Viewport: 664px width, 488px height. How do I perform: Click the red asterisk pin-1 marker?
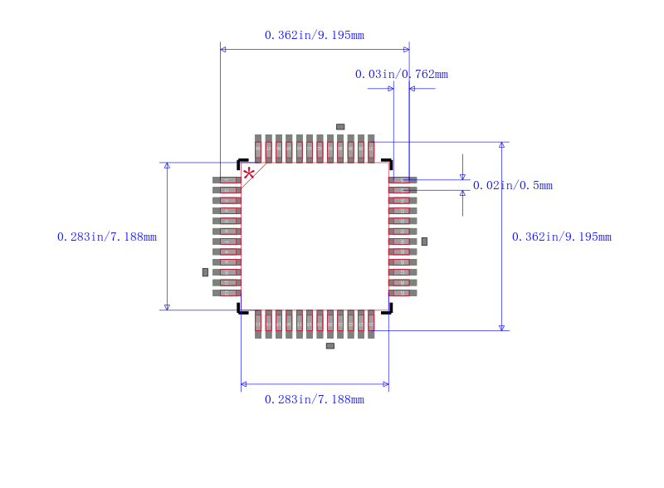(x=248, y=173)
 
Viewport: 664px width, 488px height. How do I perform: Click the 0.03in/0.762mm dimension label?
(x=401, y=74)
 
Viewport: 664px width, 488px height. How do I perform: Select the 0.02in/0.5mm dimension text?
(x=512, y=185)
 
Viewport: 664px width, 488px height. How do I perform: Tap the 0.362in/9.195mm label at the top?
(x=314, y=35)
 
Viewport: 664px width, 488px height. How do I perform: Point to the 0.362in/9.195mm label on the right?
(x=561, y=237)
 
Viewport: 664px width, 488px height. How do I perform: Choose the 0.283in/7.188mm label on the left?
(x=106, y=237)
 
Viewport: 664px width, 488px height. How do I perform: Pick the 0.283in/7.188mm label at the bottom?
(x=314, y=399)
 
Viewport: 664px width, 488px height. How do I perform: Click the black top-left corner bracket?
(x=242, y=163)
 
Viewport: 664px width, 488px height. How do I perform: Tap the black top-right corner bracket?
(x=388, y=163)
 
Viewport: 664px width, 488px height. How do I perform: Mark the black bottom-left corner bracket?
(x=242, y=310)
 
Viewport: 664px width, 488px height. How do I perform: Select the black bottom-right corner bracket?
(x=388, y=310)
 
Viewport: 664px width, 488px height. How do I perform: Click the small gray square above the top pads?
(x=340, y=127)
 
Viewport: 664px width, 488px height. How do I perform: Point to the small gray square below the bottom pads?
(x=330, y=345)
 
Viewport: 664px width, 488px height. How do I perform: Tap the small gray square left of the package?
(x=205, y=272)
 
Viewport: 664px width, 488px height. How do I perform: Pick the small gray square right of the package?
(x=424, y=241)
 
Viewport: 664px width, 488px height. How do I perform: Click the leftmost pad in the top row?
(x=258, y=149)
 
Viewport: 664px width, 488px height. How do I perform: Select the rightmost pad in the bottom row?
(x=371, y=324)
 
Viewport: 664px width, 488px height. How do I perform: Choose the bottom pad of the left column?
(x=227, y=293)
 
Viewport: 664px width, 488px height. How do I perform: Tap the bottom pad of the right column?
(x=403, y=293)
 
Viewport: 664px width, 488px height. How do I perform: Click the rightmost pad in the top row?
(x=371, y=149)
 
